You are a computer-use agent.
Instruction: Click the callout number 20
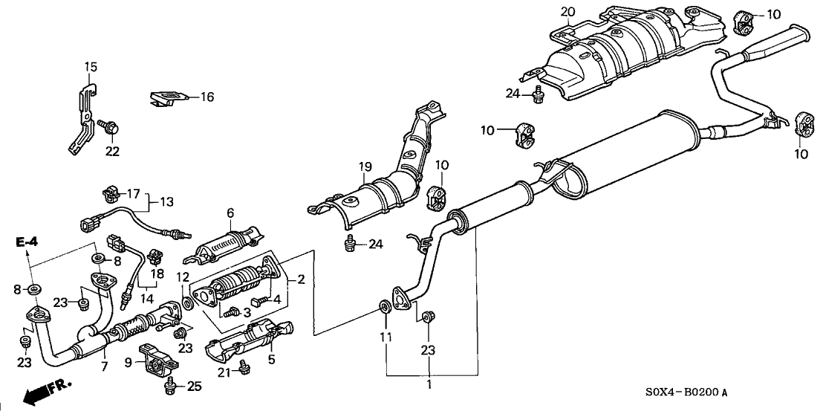[x=567, y=12]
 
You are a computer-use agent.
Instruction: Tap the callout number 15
[x=90, y=68]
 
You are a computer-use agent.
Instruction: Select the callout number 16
[x=206, y=97]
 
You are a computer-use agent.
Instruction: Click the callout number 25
[x=195, y=386]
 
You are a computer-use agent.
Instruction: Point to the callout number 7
[x=105, y=366]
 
